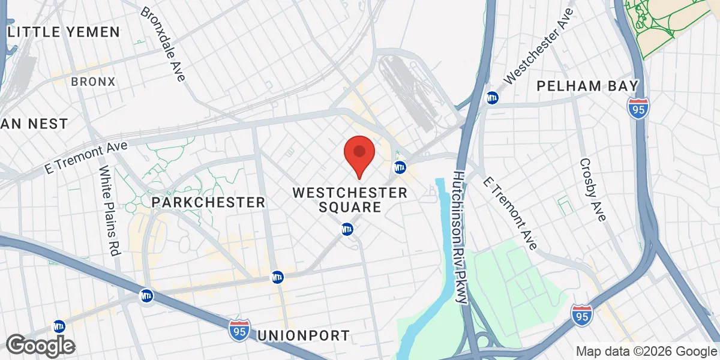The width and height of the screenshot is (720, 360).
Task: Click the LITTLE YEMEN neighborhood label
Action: [64, 32]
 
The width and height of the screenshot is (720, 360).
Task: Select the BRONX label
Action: [93, 82]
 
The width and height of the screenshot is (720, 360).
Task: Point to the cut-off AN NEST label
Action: [34, 124]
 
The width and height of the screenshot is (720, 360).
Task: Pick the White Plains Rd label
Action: [110, 212]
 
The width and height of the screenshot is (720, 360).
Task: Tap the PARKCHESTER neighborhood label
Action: [208, 202]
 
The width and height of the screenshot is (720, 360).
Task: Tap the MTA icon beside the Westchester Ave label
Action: [492, 97]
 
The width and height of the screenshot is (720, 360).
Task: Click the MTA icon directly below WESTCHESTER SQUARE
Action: [347, 229]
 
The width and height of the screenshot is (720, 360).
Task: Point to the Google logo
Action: [41, 346]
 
